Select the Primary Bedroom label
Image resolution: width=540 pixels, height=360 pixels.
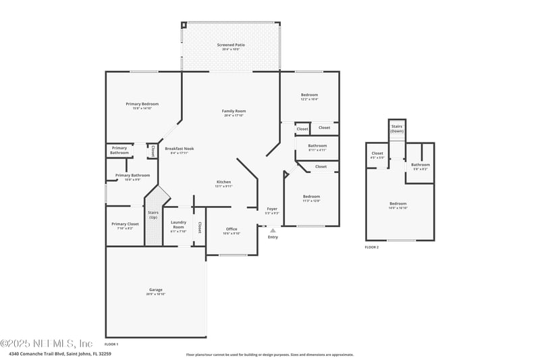click(142, 105)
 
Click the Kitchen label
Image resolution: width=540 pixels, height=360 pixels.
click(223, 183)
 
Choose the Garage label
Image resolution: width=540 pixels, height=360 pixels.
click(156, 291)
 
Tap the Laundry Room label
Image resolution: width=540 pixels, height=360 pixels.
click(178, 224)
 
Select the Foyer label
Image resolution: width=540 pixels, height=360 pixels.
click(272, 210)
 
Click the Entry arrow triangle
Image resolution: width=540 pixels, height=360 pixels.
click(273, 230)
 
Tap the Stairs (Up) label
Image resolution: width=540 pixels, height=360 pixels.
click(153, 215)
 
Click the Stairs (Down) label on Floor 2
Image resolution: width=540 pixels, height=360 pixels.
click(397, 128)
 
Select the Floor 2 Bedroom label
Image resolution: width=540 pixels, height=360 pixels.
click(398, 205)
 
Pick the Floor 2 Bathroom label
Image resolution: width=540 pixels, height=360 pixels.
click(421, 165)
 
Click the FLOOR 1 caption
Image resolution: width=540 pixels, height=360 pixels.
click(111, 344)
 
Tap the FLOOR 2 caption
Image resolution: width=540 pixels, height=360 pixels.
click(372, 247)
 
